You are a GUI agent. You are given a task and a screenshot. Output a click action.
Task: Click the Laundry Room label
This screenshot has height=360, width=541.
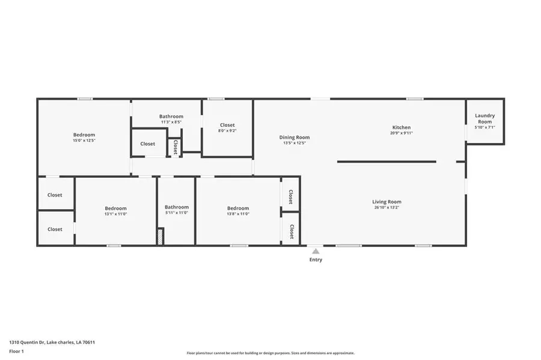click(484, 118)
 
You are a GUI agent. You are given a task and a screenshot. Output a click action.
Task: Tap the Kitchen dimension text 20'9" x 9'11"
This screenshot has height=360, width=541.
click(402, 133)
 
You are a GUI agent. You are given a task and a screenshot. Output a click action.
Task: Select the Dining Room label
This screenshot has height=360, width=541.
click(295, 137)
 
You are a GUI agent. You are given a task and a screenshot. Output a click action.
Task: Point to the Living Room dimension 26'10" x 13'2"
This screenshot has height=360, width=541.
click(387, 208)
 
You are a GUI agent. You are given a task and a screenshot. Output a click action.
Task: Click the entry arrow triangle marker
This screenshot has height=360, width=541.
click(316, 251)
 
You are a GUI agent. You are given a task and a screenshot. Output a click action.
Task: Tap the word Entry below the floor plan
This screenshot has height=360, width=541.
click(316, 260)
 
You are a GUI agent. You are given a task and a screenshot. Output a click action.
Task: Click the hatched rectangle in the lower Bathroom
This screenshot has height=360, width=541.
click(160, 236)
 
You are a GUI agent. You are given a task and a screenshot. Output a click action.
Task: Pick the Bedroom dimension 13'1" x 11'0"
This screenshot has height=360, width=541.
click(116, 214)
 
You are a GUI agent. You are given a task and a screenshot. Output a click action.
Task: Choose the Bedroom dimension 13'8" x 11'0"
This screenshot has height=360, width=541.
click(238, 214)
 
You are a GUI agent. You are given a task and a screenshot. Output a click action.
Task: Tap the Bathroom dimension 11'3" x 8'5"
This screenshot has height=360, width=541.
click(171, 122)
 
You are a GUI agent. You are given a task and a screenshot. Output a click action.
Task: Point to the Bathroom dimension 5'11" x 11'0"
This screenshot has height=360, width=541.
click(177, 213)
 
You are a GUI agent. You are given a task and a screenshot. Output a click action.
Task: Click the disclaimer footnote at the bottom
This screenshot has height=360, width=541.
click(270, 353)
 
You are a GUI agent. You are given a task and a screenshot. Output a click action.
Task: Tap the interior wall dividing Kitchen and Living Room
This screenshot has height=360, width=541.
click(387, 162)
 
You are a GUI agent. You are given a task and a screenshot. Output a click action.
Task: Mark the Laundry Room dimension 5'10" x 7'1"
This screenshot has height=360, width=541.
click(484, 127)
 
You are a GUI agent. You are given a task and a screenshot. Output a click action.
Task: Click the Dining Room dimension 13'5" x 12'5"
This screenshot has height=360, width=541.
click(295, 143)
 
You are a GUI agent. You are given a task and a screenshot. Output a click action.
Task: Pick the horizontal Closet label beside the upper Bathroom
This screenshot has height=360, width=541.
click(148, 144)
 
